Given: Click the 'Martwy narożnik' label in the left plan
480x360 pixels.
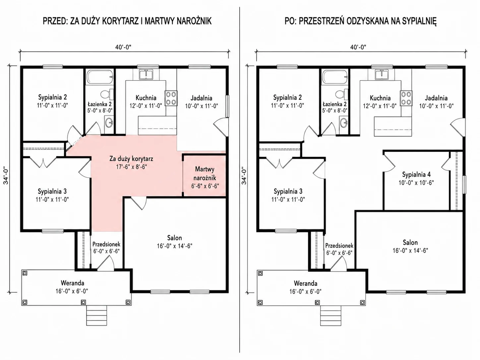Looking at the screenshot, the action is [x=205, y=173].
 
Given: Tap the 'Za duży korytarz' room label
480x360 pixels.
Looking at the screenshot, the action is [x=131, y=159].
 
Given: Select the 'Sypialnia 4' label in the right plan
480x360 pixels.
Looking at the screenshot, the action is [x=416, y=174].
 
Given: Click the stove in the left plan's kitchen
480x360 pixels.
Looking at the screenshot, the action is [x=171, y=98].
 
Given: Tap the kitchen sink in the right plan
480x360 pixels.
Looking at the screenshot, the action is [x=382, y=75].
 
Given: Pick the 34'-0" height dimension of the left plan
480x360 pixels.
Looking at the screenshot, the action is [x=6, y=176].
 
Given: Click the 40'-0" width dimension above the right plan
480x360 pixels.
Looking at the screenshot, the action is [x=358, y=47].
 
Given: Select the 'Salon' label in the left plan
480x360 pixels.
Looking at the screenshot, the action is [x=174, y=238].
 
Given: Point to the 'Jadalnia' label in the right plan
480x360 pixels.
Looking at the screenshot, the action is [x=436, y=98].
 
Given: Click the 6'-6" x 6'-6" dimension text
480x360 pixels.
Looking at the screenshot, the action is [x=205, y=186].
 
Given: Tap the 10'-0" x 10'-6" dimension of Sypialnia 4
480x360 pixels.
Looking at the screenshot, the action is [x=416, y=183].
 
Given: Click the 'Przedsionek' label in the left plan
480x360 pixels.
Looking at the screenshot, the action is [x=106, y=244].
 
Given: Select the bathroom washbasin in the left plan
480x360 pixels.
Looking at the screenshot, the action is [x=109, y=123].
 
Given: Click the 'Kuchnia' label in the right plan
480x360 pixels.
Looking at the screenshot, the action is [x=380, y=98].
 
